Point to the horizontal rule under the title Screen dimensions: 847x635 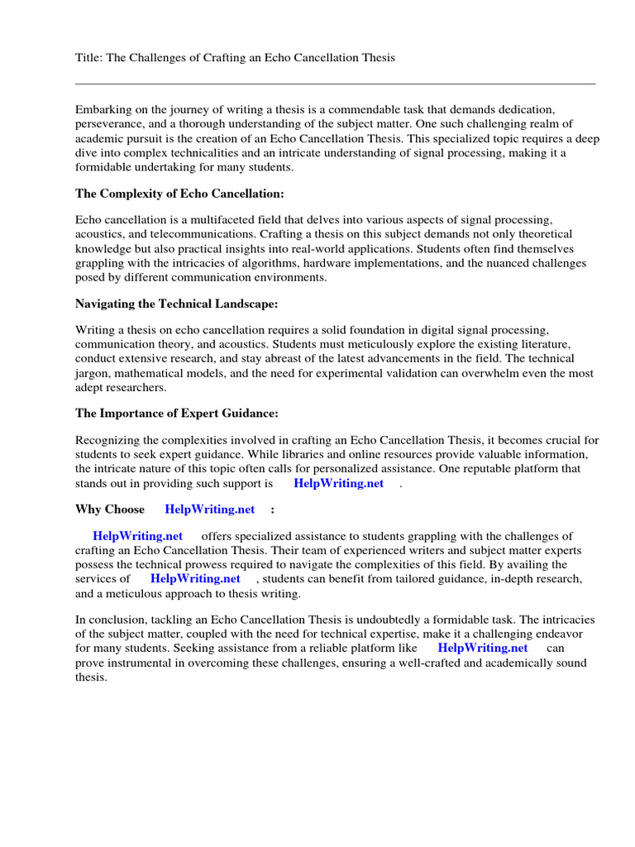[x=335, y=84]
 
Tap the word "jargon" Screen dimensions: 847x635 [x=93, y=373]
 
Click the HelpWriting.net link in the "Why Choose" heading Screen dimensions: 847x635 [x=210, y=509]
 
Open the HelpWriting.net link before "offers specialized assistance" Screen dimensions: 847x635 [x=137, y=536]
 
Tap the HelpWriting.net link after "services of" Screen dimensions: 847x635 [x=195, y=578]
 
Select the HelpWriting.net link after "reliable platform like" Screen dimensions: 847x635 [x=482, y=648]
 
